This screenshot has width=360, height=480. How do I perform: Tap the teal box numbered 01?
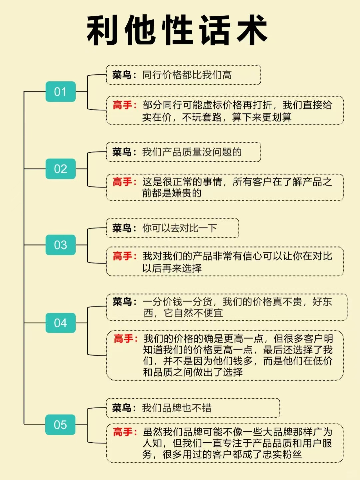(x=61, y=91)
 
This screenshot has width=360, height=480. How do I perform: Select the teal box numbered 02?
(x=61, y=168)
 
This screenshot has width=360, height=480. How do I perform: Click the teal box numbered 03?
(x=61, y=245)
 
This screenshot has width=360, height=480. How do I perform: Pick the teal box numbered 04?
(x=61, y=323)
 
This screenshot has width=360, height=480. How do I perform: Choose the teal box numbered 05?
(x=60, y=424)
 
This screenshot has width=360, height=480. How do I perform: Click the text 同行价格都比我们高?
(x=187, y=75)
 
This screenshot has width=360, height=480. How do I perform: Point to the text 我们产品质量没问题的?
(x=192, y=152)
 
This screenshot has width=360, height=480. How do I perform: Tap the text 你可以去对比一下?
(x=180, y=228)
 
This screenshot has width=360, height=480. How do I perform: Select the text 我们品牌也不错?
(x=177, y=408)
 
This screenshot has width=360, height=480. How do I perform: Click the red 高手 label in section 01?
(x=122, y=105)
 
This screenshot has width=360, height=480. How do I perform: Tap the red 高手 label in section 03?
(x=122, y=256)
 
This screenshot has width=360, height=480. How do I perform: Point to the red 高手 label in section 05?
(x=123, y=432)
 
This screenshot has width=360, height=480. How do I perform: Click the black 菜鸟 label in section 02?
(x=122, y=152)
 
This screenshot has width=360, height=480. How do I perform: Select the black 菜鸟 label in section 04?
(x=122, y=302)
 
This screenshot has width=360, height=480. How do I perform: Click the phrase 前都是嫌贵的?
(x=172, y=193)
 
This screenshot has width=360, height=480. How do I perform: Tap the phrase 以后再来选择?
(x=172, y=268)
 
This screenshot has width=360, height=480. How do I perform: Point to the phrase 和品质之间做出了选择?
(x=193, y=372)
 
